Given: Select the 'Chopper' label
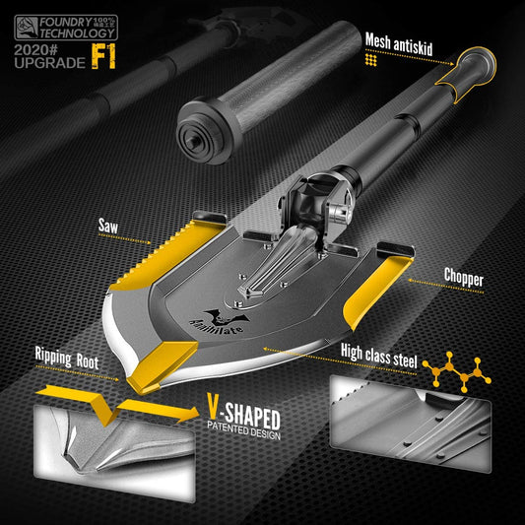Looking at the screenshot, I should pyautogui.click(x=464, y=280).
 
